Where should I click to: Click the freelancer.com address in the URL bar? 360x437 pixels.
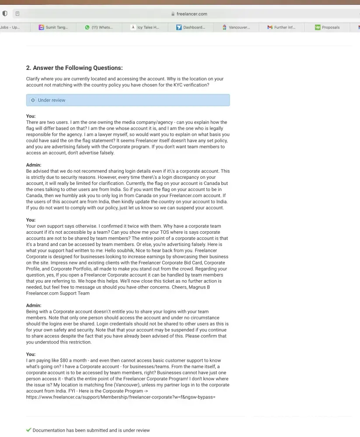[x=192, y=14]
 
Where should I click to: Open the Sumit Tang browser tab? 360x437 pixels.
[x=56, y=27]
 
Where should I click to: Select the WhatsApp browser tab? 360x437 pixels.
[x=101, y=27]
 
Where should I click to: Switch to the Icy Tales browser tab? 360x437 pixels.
[x=148, y=27]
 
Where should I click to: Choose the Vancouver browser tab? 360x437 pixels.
[x=239, y=27]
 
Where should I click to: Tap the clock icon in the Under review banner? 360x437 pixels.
[x=33, y=100]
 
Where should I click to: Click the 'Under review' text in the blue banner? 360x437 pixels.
[x=52, y=100]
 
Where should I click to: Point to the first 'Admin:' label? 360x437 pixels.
[x=34, y=165]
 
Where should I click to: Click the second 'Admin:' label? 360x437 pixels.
[x=34, y=305]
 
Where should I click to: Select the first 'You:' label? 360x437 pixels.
[x=31, y=116]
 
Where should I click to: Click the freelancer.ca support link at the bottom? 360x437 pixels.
[x=121, y=397]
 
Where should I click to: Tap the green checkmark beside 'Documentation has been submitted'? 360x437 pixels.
[x=29, y=430]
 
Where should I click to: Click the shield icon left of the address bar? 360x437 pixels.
[x=5, y=14]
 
